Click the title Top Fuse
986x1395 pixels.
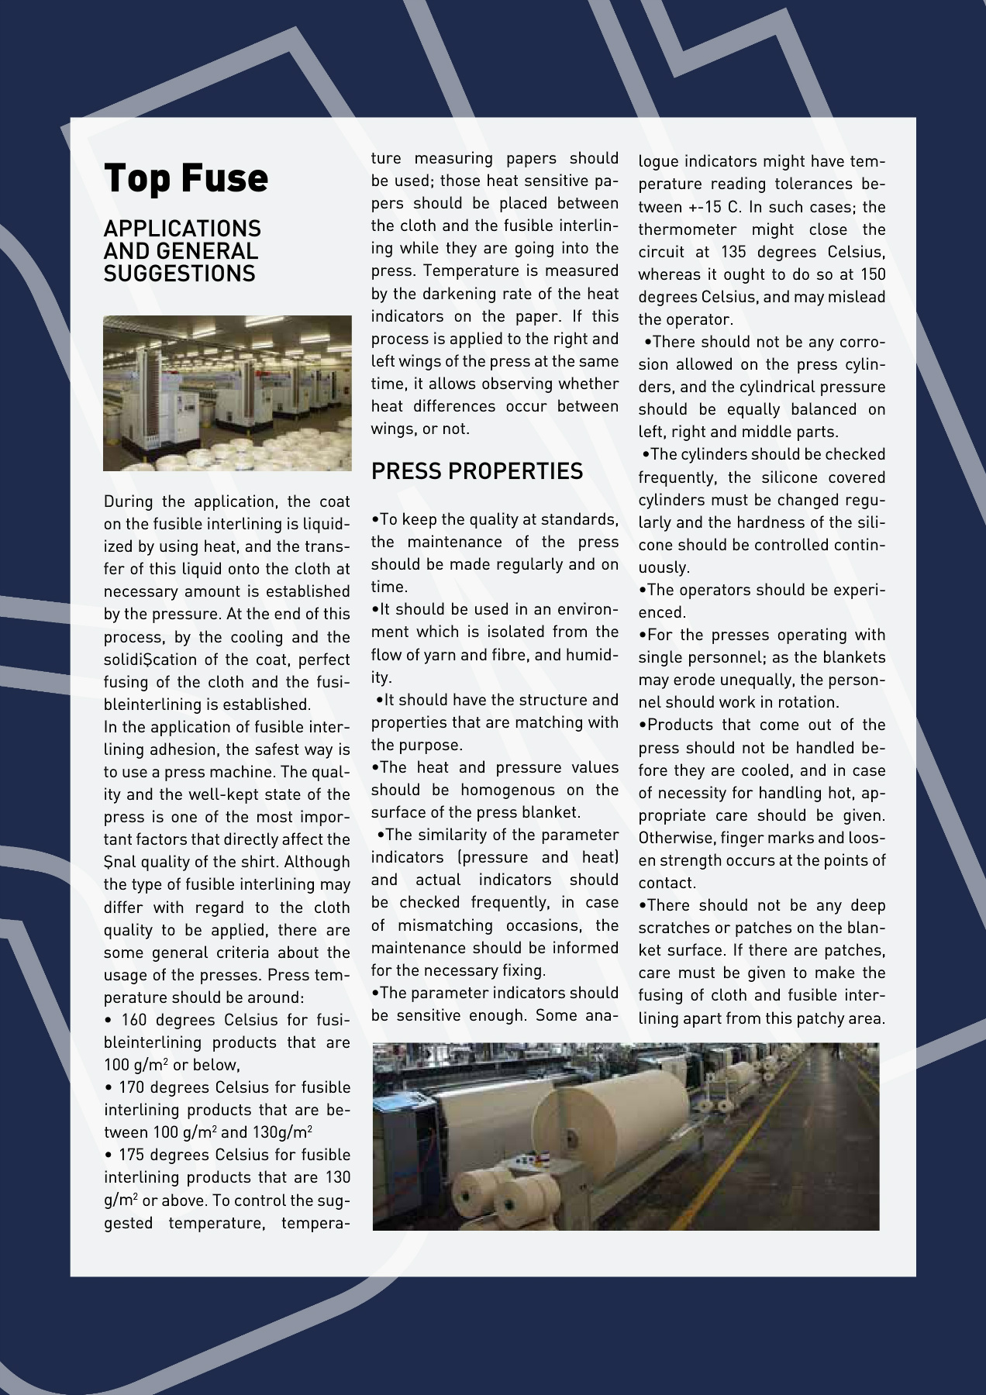186,178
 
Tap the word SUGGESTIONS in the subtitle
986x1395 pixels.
179,274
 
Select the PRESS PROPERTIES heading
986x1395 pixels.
477,471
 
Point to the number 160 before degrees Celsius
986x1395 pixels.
135,1020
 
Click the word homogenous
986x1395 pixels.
508,790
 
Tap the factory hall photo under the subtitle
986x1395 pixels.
227,393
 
